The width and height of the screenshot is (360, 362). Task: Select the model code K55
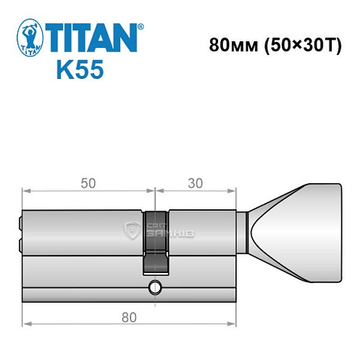[79, 70]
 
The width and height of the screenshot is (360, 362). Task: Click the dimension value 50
[89, 184]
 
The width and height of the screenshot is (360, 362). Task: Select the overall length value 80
[130, 316]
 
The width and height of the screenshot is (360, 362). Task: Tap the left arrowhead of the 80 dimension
[26, 323]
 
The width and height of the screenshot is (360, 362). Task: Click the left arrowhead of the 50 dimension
[26, 192]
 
